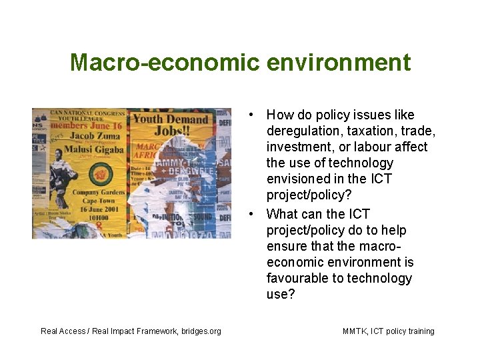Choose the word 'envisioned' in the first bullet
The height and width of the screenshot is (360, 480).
click(298, 179)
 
